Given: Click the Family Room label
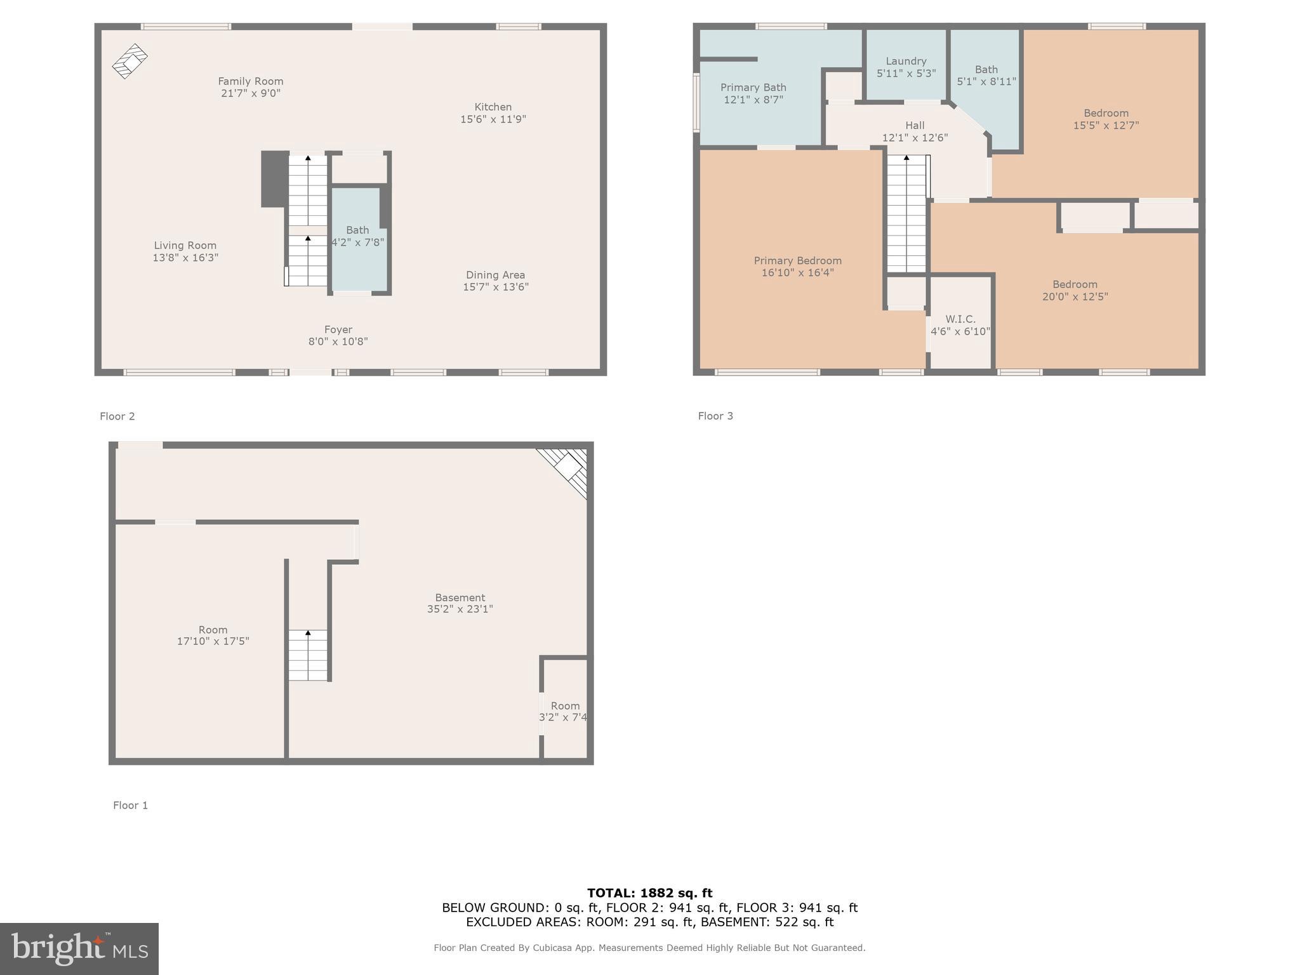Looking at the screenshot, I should coord(250,81).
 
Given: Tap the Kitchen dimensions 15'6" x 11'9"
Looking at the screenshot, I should coord(493,119).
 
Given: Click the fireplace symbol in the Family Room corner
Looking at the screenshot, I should coord(130,61).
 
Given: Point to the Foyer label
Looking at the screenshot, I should coord(338,329).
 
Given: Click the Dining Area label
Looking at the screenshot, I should coord(495,275).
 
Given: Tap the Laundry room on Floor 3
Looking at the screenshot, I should coord(906,67).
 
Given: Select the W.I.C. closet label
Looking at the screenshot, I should coord(960,319).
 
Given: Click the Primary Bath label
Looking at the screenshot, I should coord(753,88).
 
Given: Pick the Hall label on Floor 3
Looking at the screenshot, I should coord(915,126).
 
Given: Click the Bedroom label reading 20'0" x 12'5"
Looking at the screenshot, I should coord(1075,290).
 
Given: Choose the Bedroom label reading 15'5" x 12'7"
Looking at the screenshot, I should coord(1106,119).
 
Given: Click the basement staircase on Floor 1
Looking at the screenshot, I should coord(308,655).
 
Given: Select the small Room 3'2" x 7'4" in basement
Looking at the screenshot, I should coord(564,711).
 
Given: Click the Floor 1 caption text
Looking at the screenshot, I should coord(130,805).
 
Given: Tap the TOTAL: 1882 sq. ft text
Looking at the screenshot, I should coord(649,893).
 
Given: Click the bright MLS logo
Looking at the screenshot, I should coord(79,948).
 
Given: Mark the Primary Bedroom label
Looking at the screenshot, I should coord(797,261).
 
